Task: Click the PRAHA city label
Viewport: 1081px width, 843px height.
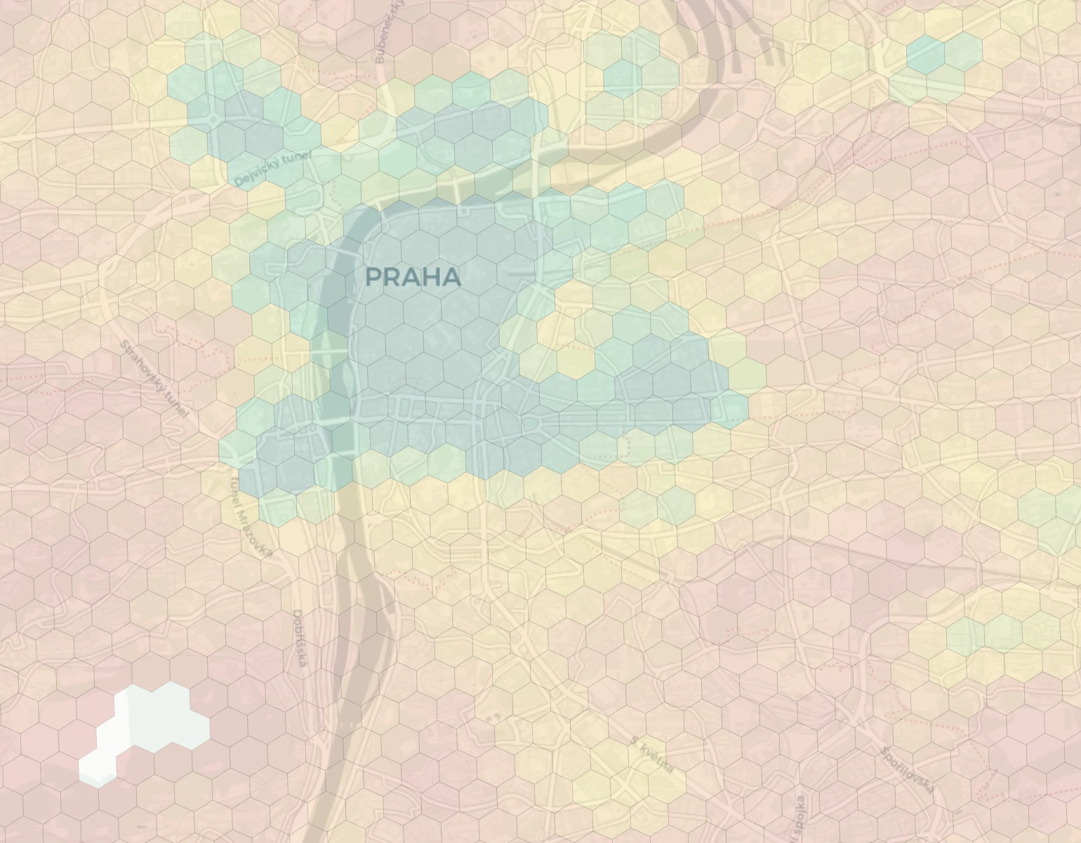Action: point(413,277)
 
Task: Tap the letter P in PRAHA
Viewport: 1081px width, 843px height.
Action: point(374,277)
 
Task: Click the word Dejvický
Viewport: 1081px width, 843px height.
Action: point(256,173)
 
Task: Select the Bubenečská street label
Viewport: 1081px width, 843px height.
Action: point(390,32)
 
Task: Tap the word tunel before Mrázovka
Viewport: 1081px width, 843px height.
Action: point(236,489)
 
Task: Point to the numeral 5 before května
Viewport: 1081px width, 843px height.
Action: point(634,740)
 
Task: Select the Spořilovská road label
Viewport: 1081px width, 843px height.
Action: point(908,769)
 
